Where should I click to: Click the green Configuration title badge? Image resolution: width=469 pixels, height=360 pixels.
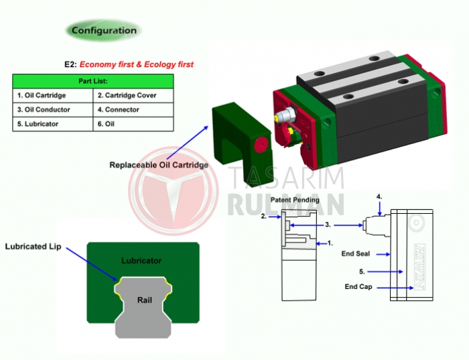tap(103, 30)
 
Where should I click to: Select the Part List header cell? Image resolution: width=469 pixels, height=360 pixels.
tap(93, 81)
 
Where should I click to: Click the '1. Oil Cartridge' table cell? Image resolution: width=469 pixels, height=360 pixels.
tap(53, 95)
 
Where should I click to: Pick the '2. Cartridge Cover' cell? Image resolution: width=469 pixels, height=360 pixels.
tap(133, 95)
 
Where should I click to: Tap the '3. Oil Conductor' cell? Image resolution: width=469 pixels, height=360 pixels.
tap(53, 109)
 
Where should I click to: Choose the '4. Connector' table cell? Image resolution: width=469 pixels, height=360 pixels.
tap(133, 109)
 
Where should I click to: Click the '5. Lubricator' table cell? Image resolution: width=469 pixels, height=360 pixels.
tap(53, 124)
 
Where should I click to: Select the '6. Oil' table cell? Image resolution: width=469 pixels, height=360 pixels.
tap(133, 124)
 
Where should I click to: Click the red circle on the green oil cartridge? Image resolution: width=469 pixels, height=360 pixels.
tap(261, 145)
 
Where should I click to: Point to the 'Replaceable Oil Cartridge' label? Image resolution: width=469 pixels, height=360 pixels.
tap(159, 165)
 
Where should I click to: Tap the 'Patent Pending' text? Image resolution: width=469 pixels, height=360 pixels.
tap(295, 200)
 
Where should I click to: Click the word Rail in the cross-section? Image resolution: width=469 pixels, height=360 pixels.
tap(145, 300)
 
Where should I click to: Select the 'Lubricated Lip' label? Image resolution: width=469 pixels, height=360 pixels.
tap(33, 247)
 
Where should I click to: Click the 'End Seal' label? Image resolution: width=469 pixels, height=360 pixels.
tap(356, 254)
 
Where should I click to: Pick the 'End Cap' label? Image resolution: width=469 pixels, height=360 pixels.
tap(358, 287)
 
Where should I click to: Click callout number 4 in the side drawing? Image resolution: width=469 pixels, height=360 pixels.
tap(379, 197)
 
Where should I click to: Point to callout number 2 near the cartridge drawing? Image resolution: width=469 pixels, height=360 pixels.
tap(263, 216)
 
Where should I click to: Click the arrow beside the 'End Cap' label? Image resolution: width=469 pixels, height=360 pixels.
tap(395, 288)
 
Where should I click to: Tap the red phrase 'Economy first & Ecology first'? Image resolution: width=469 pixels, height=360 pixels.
tap(137, 64)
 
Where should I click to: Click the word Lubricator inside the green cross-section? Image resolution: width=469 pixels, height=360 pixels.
tap(141, 261)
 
